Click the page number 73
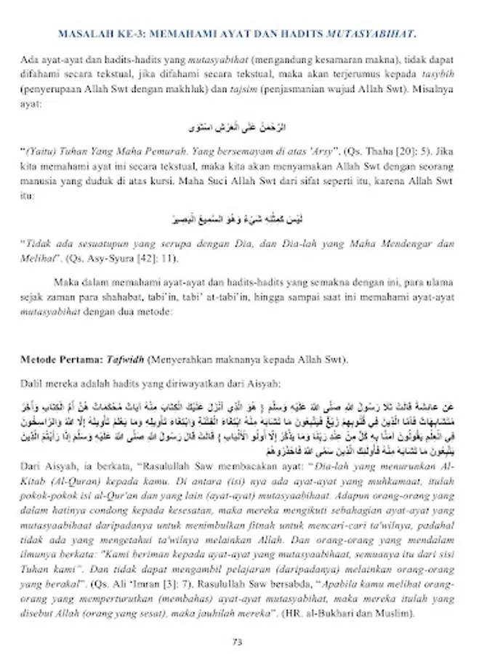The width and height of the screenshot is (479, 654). coord(236,641)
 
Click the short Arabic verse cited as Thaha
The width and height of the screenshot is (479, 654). coord(238,128)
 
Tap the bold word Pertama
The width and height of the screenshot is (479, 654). coord(81,359)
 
